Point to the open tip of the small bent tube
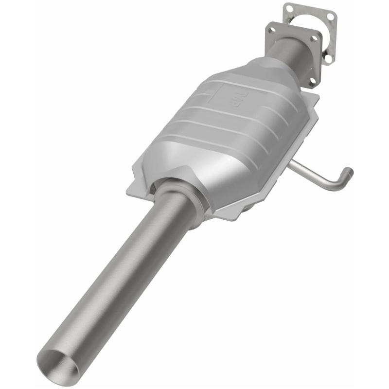(348, 172)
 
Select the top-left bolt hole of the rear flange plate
(289, 8)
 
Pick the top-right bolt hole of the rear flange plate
(331, 17)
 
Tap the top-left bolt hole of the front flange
(272, 30)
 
